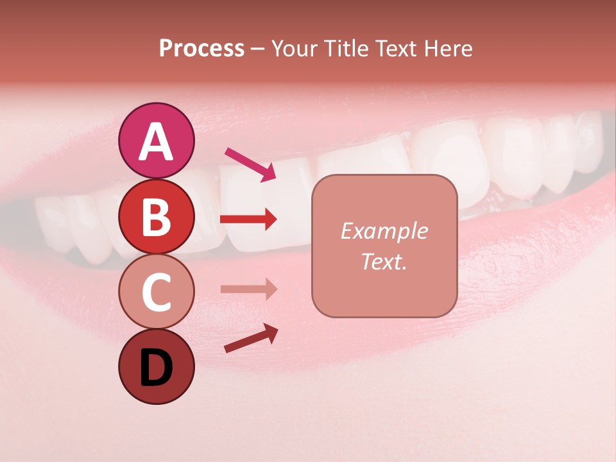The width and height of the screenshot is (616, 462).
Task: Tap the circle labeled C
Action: tap(156, 292)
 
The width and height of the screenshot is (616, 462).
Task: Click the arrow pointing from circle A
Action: tap(250, 163)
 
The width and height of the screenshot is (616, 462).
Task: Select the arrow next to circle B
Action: tap(248, 219)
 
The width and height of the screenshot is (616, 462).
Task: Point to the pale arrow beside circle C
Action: tap(248, 289)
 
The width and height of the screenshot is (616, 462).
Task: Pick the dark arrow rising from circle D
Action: tap(251, 338)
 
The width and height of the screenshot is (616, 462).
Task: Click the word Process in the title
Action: tap(201, 49)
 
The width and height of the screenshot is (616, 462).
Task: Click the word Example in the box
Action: tap(384, 231)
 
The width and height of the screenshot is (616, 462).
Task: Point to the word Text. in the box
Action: tap(384, 261)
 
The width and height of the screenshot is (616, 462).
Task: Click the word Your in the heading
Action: tap(293, 49)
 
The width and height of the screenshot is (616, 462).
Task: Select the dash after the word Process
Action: tap(258, 49)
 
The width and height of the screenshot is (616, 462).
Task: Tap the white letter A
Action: tap(156, 142)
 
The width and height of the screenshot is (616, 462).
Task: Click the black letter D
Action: tap(156, 368)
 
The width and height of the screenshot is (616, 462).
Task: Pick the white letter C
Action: tap(156, 292)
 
